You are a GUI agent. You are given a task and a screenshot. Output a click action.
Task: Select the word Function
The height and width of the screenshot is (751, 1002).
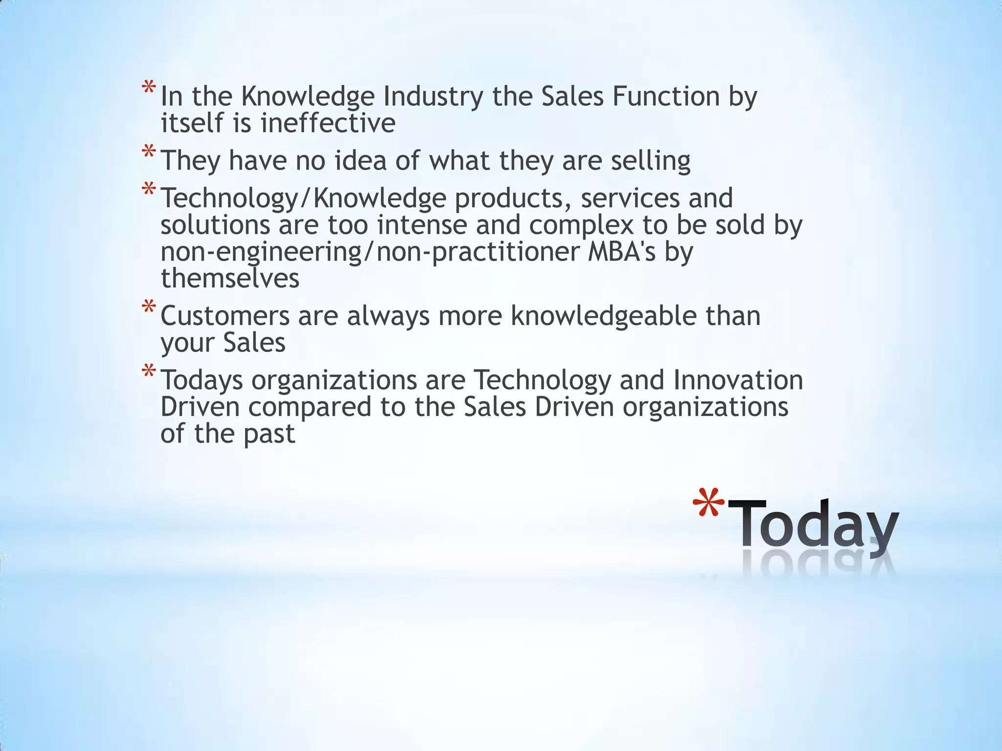(x=665, y=96)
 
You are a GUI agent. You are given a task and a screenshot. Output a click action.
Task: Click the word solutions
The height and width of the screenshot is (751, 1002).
(x=215, y=225)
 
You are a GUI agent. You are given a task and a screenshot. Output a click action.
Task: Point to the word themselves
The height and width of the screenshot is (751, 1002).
(x=230, y=278)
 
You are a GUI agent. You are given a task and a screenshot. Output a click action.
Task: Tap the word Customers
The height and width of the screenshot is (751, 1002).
(x=225, y=316)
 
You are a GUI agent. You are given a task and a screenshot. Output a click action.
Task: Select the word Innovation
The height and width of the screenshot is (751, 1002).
(x=738, y=380)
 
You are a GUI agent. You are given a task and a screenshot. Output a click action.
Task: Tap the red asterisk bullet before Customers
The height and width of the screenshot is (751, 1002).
(x=149, y=308)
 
